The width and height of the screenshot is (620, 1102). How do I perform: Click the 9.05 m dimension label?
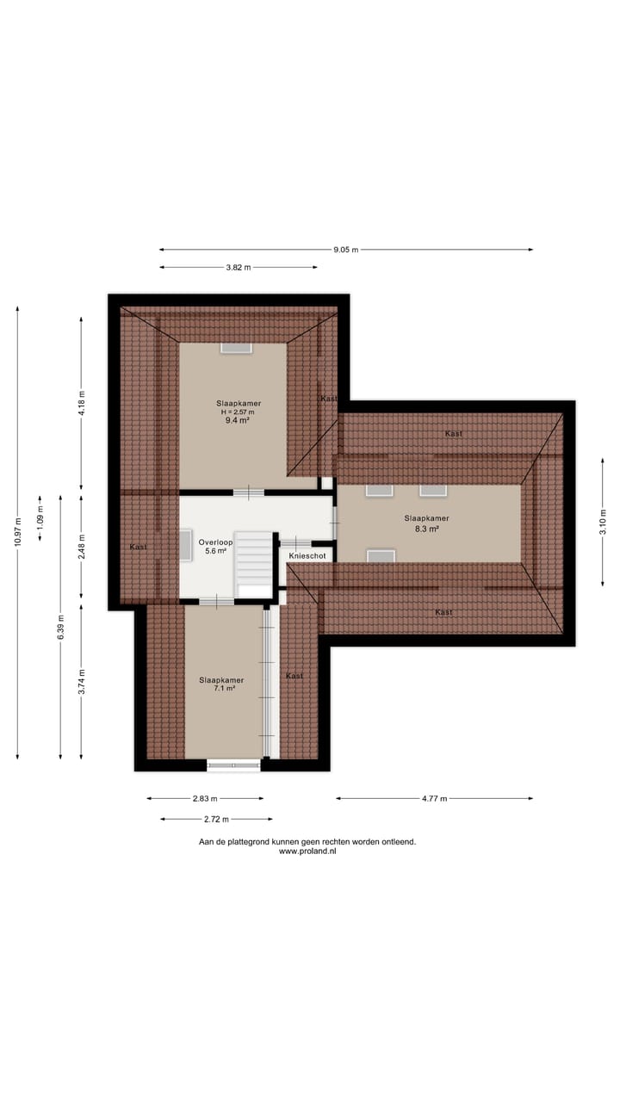point(346,250)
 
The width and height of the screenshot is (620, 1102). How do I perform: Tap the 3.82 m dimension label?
point(239,267)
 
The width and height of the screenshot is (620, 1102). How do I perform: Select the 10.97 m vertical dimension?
point(18,532)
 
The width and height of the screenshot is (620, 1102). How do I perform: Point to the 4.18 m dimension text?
point(82,404)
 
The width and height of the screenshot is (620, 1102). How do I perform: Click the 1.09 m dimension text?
point(40,517)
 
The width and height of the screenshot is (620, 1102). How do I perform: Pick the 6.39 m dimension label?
point(60,628)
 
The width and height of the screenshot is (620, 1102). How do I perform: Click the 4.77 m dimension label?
point(435,798)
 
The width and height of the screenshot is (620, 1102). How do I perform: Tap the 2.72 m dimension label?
point(216,819)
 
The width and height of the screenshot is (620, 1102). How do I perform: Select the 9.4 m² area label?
point(237,421)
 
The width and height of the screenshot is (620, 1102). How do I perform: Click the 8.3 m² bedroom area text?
point(426,529)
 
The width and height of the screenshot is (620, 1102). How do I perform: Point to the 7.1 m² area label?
point(224,688)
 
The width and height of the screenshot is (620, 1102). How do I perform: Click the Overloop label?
point(215,542)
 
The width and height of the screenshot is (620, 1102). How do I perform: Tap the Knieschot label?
point(307,556)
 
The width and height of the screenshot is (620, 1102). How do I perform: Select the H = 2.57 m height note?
point(238,412)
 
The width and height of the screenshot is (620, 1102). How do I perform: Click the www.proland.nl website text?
point(307,851)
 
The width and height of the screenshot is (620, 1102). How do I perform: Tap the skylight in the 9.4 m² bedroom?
point(236,347)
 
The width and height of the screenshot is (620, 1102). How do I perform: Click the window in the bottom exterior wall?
point(233,765)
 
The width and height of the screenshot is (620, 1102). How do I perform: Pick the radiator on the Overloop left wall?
point(185,545)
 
